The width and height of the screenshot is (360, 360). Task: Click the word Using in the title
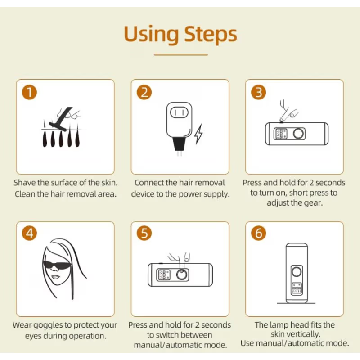point(151,35)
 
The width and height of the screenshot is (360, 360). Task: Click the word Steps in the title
point(211,35)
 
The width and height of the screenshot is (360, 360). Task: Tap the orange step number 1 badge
point(29,92)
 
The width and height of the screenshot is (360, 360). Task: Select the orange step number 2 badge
point(144,92)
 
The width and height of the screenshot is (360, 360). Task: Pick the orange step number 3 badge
point(258,92)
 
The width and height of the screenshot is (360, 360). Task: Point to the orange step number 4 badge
point(29,233)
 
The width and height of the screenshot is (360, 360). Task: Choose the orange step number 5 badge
point(144,233)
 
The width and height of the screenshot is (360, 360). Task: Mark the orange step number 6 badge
point(258,233)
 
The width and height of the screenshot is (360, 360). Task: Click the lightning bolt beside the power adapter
point(198,134)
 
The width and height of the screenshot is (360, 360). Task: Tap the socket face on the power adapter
point(179,113)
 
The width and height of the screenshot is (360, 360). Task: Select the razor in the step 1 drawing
point(61,119)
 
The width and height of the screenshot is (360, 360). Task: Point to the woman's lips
point(54,277)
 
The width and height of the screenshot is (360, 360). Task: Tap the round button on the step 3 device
point(298,134)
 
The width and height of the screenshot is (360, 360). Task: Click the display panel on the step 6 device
point(297,288)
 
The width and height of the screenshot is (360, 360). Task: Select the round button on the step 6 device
point(297,272)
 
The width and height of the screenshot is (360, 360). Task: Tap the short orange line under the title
point(181,55)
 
